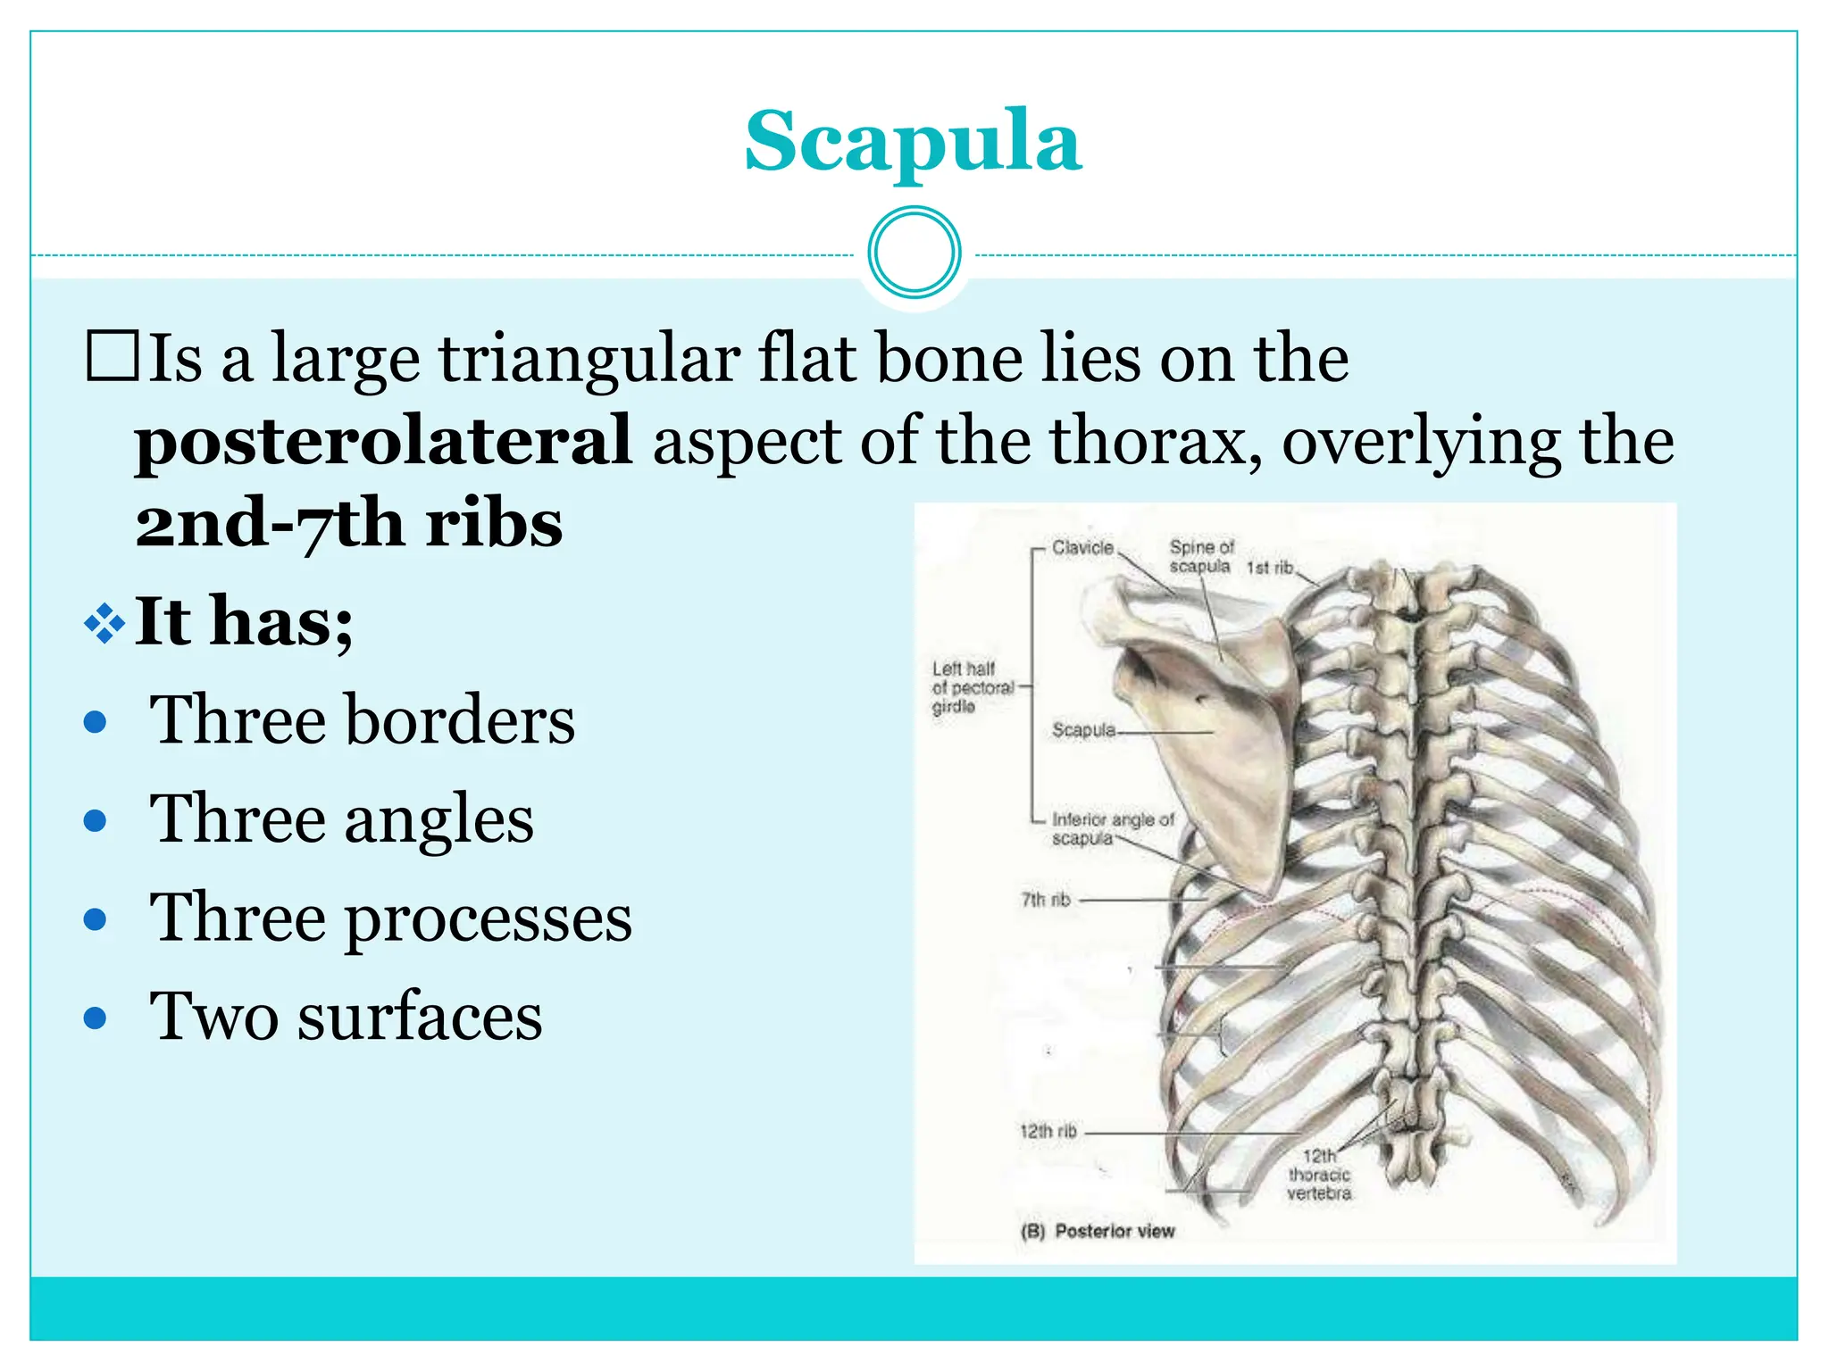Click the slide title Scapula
coord(913,141)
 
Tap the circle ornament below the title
coord(914,253)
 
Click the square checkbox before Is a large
coord(113,356)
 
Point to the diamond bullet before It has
coord(104,623)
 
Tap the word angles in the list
coord(438,818)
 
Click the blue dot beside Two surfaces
coord(96,1018)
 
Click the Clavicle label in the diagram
coord(1082,547)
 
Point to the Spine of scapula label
coord(1200,556)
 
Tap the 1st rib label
coord(1269,568)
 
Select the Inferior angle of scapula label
coord(1112,828)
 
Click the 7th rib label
coord(1046,900)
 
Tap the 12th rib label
coord(1048,1131)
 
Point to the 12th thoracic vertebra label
coord(1319,1175)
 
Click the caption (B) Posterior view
coord(1098,1231)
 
